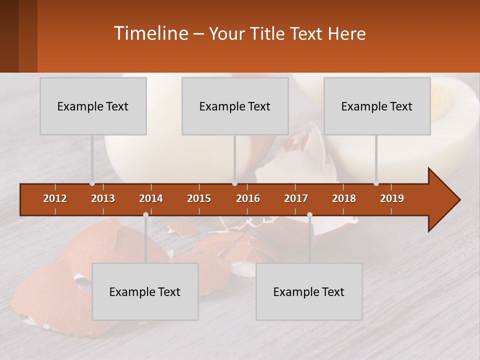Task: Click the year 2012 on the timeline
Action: (55, 198)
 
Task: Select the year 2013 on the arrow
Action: (103, 198)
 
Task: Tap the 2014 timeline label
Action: (151, 198)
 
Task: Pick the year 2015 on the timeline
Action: (199, 198)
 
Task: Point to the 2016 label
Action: (248, 198)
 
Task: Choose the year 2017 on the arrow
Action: (296, 198)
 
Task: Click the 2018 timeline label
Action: (344, 198)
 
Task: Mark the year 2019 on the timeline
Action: (392, 198)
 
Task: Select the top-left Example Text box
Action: (93, 106)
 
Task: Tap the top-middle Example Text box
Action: (235, 106)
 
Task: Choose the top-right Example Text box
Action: (377, 106)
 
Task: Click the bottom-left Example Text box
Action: (145, 291)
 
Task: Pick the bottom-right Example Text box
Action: (309, 291)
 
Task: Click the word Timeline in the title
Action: (150, 33)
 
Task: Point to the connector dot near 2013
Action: (92, 183)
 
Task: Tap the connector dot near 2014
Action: (145, 214)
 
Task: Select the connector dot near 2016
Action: (234, 183)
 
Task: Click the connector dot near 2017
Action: (309, 214)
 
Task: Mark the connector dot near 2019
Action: (376, 183)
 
